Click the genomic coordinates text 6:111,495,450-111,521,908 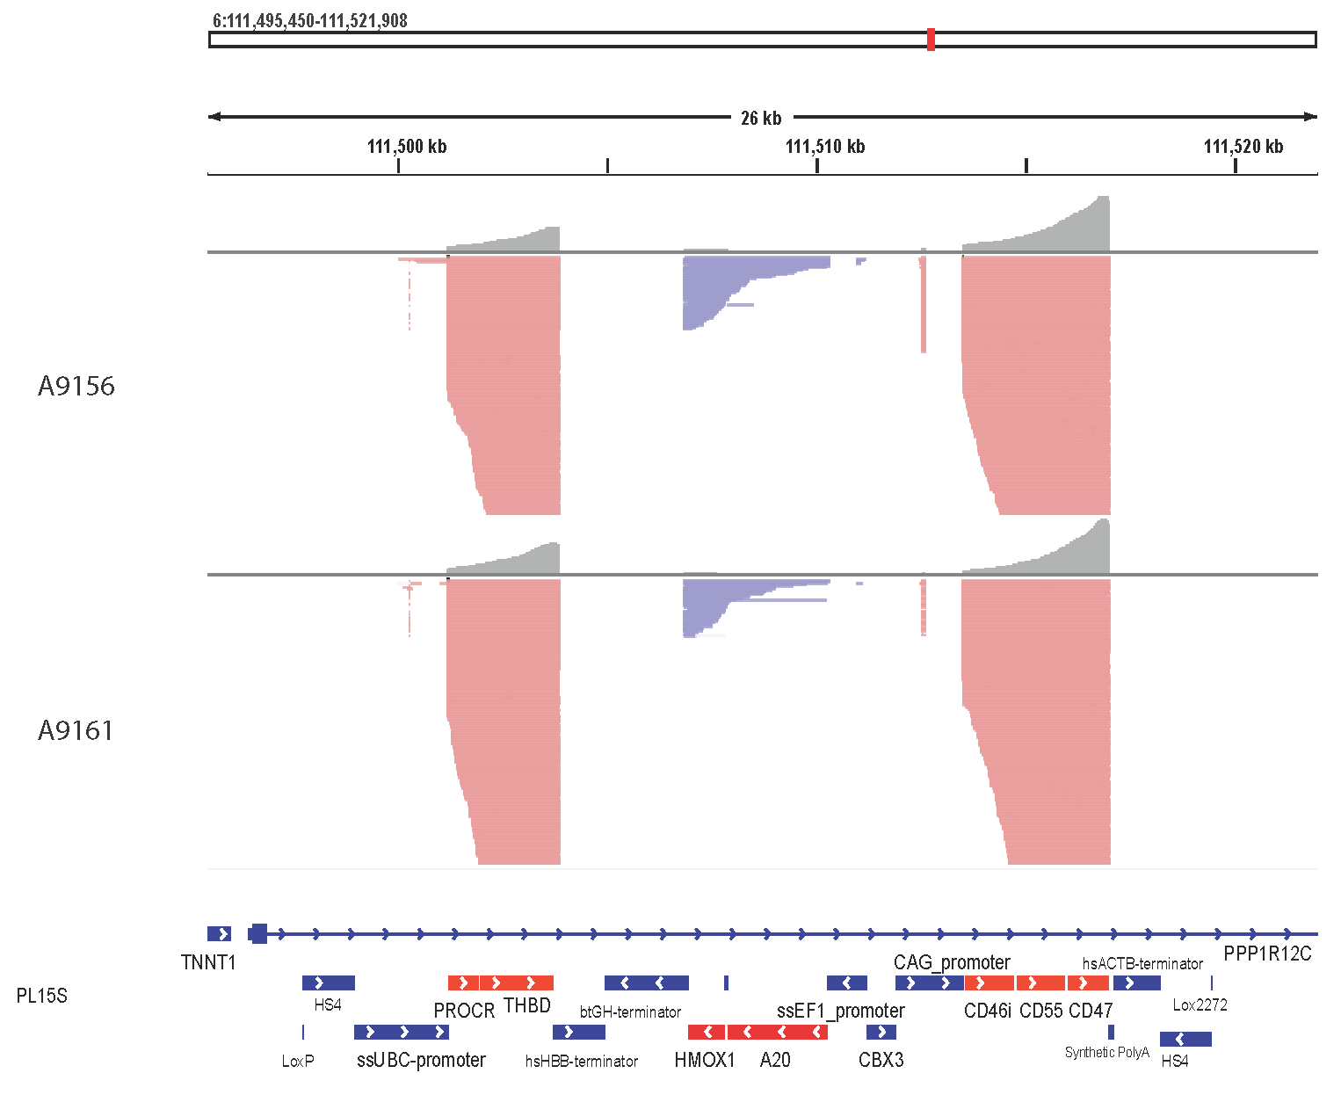click(x=310, y=21)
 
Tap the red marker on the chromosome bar click(x=931, y=40)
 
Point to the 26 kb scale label click(x=761, y=118)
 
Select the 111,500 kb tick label click(x=407, y=147)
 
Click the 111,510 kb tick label click(x=825, y=147)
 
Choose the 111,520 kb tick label click(x=1243, y=147)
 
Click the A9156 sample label click(x=76, y=386)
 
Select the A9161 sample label click(x=76, y=730)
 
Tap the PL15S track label click(x=41, y=996)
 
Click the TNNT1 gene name click(x=208, y=962)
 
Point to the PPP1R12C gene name click(x=1267, y=954)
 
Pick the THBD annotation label click(x=527, y=1005)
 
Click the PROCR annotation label click(x=464, y=1011)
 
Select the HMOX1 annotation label click(x=705, y=1060)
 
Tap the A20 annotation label click(x=775, y=1060)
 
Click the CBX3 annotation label click(x=881, y=1060)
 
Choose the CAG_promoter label click(x=952, y=962)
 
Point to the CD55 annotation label click(x=1041, y=1011)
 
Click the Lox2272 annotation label click(x=1200, y=1004)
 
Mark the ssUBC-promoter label click(x=421, y=1060)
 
